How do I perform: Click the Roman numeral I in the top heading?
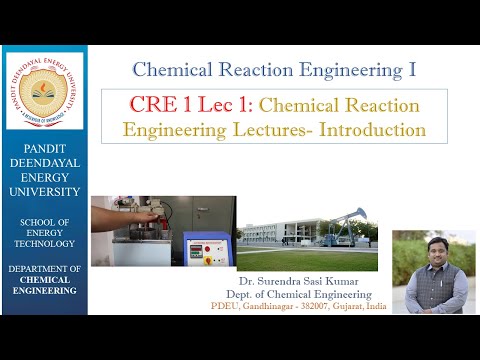(411, 71)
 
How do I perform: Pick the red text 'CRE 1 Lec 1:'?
(189, 105)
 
